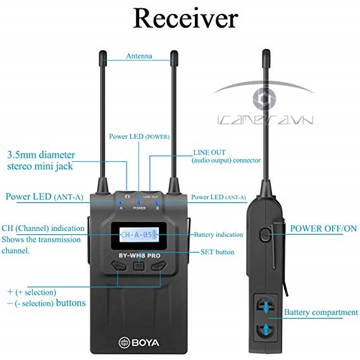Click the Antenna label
(x=139, y=56)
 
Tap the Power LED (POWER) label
(x=139, y=136)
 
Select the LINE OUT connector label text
(x=226, y=157)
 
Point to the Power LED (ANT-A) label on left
(x=44, y=196)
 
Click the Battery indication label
(x=218, y=235)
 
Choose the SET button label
(x=216, y=252)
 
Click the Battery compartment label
(x=321, y=313)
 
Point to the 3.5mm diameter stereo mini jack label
(x=41, y=161)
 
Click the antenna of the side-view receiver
(x=263, y=114)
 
